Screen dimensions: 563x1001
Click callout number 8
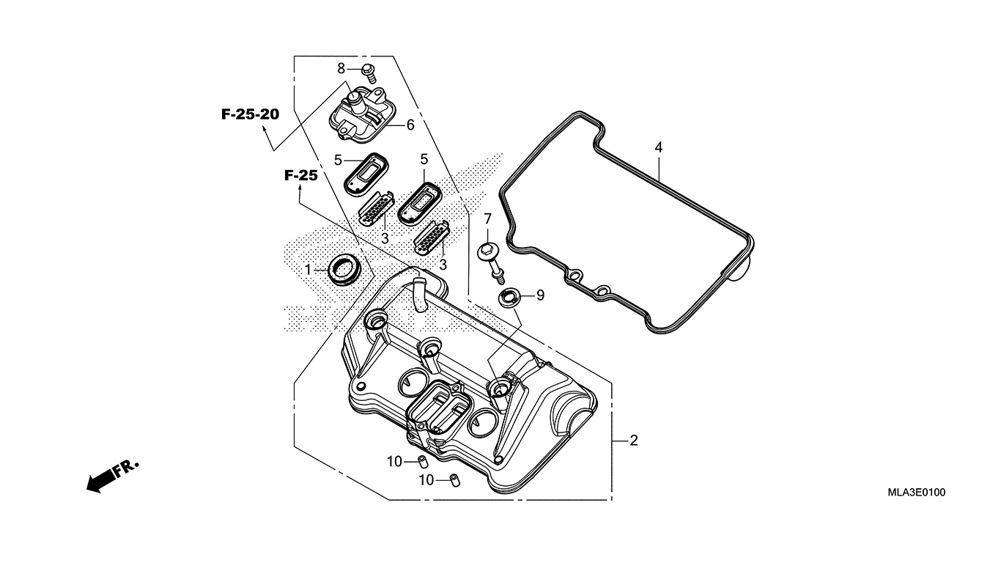pos(341,68)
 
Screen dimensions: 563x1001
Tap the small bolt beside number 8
pos(369,71)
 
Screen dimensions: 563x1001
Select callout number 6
pos(410,125)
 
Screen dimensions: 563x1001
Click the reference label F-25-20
pos(250,114)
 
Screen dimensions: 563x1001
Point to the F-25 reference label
pos(300,175)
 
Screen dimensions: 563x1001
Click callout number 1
pos(309,269)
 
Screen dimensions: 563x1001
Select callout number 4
pos(658,147)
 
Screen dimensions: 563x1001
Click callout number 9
pos(540,295)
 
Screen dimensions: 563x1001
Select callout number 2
pos(634,441)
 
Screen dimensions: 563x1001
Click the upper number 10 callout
pos(395,461)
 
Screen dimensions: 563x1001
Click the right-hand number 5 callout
pos(424,159)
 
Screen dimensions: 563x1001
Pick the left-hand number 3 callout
pos(385,238)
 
